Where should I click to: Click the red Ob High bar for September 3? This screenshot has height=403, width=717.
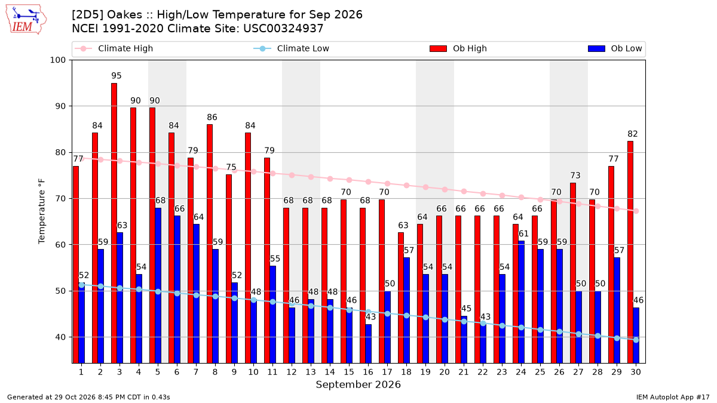pyautogui.click(x=114, y=223)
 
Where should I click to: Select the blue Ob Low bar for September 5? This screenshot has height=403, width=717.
pyautogui.click(x=158, y=285)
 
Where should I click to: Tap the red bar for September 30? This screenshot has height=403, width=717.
pyautogui.click(x=630, y=252)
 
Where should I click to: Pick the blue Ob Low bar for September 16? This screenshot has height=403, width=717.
pyautogui.click(x=368, y=343)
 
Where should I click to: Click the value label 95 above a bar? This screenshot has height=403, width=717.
pyautogui.click(x=117, y=76)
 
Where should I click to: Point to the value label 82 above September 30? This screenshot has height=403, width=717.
pyautogui.click(x=633, y=134)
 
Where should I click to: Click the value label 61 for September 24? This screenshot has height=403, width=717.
pyautogui.click(x=523, y=234)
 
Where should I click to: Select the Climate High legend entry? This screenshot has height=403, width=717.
pyautogui.click(x=114, y=48)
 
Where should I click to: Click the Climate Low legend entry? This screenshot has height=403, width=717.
pyautogui.click(x=292, y=48)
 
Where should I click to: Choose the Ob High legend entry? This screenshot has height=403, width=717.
pyautogui.click(x=458, y=48)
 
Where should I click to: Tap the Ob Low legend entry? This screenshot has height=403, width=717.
pyautogui.click(x=615, y=48)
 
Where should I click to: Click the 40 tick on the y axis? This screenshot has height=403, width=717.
pyautogui.click(x=60, y=337)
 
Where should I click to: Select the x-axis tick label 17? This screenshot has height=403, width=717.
pyautogui.click(x=387, y=372)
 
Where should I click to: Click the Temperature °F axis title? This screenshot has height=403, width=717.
pyautogui.click(x=42, y=211)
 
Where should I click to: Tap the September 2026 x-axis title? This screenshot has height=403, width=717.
pyautogui.click(x=358, y=384)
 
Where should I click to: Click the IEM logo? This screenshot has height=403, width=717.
pyautogui.click(x=26, y=20)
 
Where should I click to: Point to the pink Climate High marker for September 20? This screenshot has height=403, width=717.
pyautogui.click(x=445, y=190)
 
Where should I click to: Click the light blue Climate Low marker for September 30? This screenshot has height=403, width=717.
pyautogui.click(x=636, y=340)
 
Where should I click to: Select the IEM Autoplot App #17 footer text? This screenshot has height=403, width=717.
pyautogui.click(x=673, y=397)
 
